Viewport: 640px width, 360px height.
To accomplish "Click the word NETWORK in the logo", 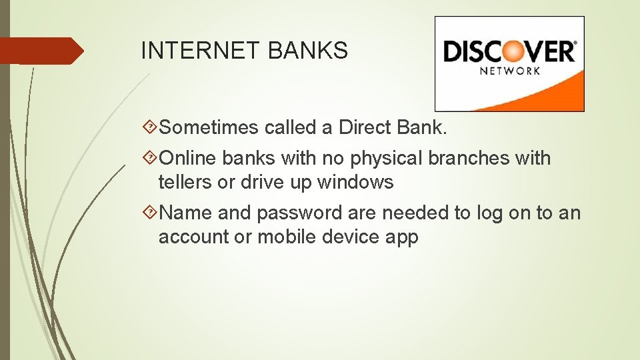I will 510,71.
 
